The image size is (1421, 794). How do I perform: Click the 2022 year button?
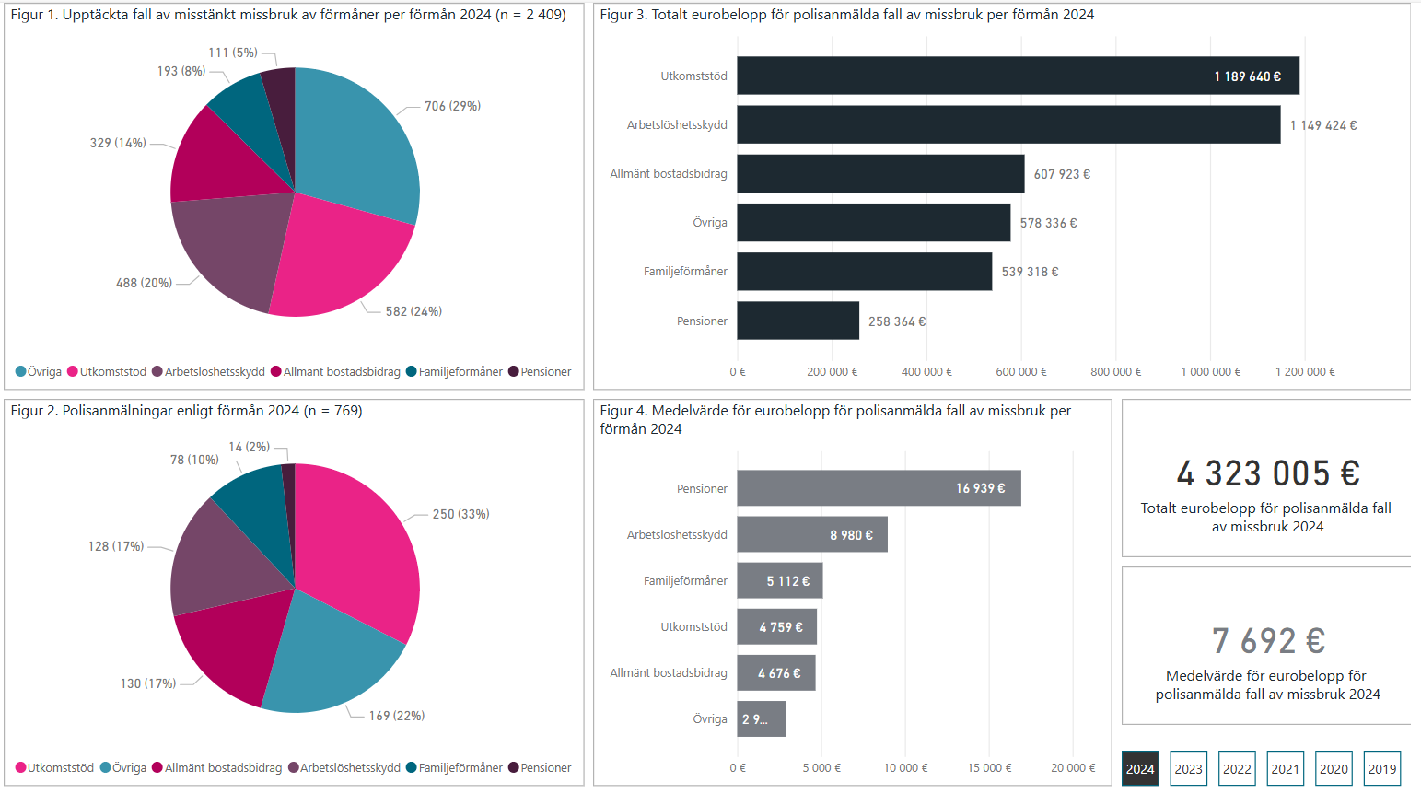[x=1237, y=768]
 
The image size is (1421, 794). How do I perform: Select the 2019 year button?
[x=1381, y=768]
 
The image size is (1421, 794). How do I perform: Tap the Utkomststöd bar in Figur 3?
[x=1018, y=76]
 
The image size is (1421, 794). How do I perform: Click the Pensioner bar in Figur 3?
[x=798, y=321]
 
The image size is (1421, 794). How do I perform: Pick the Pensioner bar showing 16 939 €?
[x=879, y=488]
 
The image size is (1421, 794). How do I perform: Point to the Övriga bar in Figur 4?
[x=761, y=718]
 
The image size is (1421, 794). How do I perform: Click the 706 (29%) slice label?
[x=452, y=106]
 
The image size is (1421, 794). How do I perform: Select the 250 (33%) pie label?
[x=460, y=514]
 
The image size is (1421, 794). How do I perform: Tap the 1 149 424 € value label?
[x=1323, y=125]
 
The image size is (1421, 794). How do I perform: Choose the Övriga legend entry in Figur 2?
[x=123, y=767]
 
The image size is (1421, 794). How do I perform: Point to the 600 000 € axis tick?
[x=1020, y=371]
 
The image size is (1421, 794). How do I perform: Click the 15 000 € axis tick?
[x=988, y=767]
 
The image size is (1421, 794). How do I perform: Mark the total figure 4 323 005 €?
[x=1267, y=473]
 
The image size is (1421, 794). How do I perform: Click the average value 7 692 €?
[x=1267, y=641]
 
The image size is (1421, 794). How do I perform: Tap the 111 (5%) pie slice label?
[x=232, y=53]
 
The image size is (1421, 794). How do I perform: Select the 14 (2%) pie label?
[x=249, y=447]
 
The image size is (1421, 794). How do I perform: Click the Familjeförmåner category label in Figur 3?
[x=685, y=272]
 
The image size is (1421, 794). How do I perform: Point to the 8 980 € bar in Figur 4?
[x=811, y=534]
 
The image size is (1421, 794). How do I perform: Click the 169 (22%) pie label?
[x=396, y=716]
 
